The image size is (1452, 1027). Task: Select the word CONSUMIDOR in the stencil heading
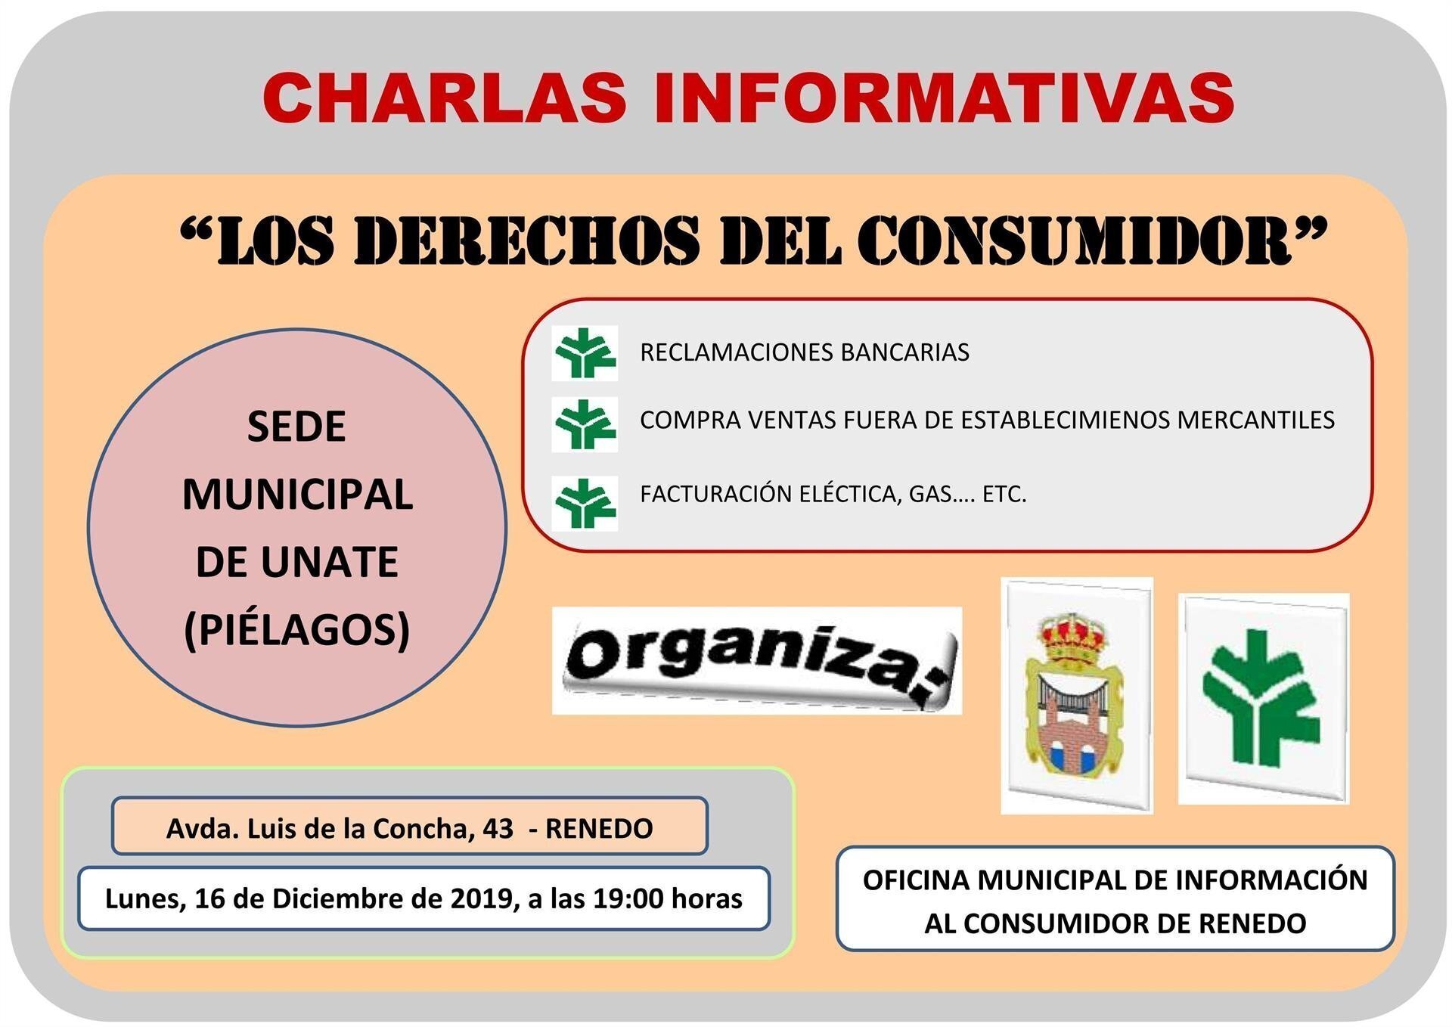1073,240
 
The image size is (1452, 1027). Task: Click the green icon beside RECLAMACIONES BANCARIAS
585,353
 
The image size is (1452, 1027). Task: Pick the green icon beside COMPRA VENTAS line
585,424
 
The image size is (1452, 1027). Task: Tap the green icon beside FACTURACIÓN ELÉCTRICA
585,503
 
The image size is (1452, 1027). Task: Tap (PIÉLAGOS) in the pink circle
296,630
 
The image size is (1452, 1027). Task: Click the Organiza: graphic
757,660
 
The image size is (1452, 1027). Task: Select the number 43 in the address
498,829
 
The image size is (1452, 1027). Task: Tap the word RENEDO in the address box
599,829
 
